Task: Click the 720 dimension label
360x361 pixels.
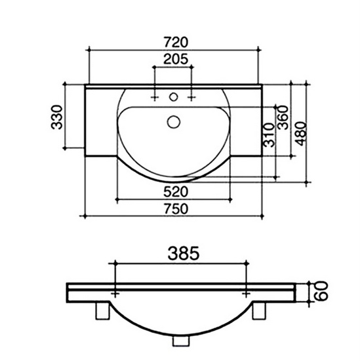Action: [x=176, y=42]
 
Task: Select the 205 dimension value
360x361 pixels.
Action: [x=176, y=59]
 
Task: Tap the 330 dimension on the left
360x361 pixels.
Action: [x=56, y=117]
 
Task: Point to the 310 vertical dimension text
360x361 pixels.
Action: [x=269, y=135]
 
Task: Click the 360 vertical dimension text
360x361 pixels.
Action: [x=283, y=117]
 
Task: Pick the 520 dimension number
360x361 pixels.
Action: [x=176, y=192]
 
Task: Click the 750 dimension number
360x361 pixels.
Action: [x=176, y=209]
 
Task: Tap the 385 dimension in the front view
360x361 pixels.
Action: [x=184, y=253]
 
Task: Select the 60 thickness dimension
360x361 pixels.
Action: [x=321, y=291]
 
